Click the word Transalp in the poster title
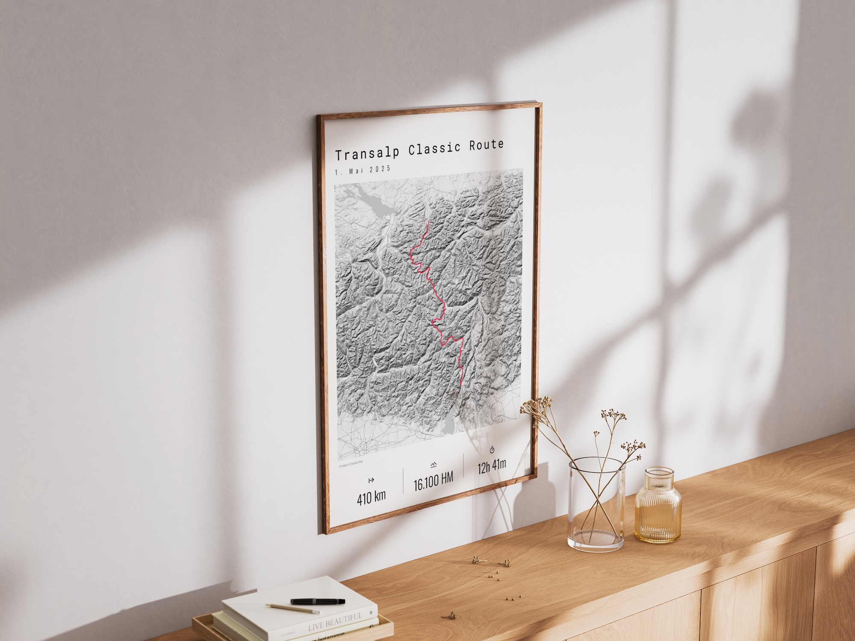pyautogui.click(x=367, y=153)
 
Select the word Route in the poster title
pyautogui.click(x=486, y=145)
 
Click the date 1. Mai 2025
pyautogui.click(x=363, y=170)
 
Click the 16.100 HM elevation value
pyautogui.click(x=433, y=482)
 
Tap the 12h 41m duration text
pyautogui.click(x=492, y=465)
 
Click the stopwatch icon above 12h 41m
pyautogui.click(x=492, y=450)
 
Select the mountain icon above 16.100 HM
pyautogui.click(x=433, y=465)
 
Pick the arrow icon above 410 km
pyautogui.click(x=371, y=480)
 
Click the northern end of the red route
pyautogui.click(x=428, y=221)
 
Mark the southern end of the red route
pyautogui.click(x=462, y=385)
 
